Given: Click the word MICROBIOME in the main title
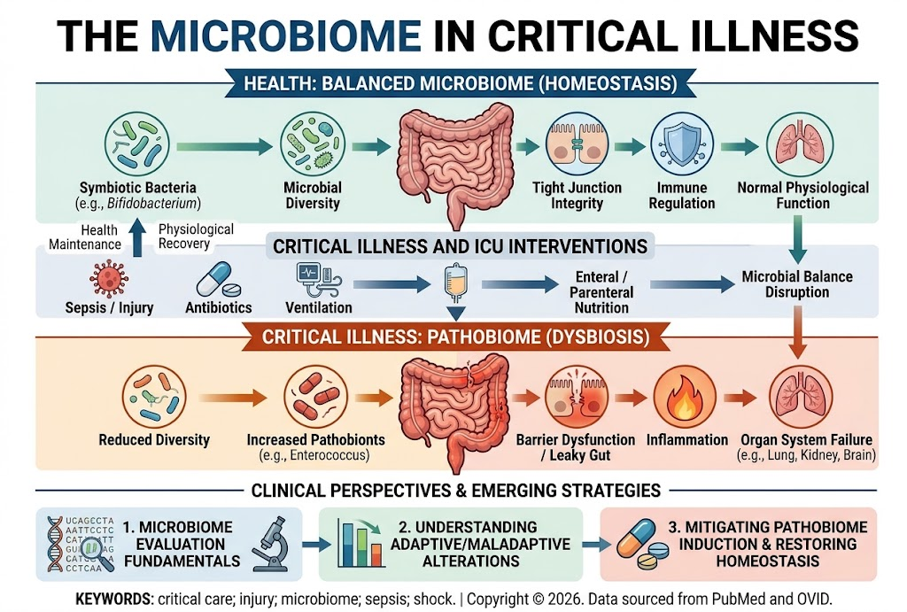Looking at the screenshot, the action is pyautogui.click(x=286, y=35).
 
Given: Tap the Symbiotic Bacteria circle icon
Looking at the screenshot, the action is pyautogui.click(x=137, y=144).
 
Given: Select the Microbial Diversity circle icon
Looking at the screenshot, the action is pyautogui.click(x=313, y=144).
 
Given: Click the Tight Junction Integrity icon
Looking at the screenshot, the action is pyautogui.click(x=577, y=144).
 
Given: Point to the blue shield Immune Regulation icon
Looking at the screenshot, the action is pyautogui.click(x=682, y=144).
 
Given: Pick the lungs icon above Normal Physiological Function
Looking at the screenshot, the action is pyautogui.click(x=800, y=144).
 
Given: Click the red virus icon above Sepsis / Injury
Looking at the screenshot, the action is pyautogui.click(x=109, y=279).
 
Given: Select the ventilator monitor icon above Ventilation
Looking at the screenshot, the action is pyautogui.click(x=319, y=280).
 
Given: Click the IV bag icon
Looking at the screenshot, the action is pyautogui.click(x=456, y=283).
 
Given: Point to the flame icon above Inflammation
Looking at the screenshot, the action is pyautogui.click(x=685, y=398).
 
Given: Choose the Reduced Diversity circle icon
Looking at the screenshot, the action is pyautogui.click(x=154, y=397).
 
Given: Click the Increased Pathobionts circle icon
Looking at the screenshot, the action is pyautogui.click(x=316, y=397).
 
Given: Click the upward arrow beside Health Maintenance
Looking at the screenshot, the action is pyautogui.click(x=137, y=237).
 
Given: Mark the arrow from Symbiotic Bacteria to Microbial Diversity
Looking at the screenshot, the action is pyautogui.click(x=224, y=147).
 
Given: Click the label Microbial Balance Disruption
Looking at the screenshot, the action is pyautogui.click(x=797, y=284).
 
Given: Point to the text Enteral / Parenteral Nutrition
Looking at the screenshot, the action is pyautogui.click(x=601, y=292).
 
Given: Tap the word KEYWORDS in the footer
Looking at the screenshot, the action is pyautogui.click(x=114, y=599).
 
